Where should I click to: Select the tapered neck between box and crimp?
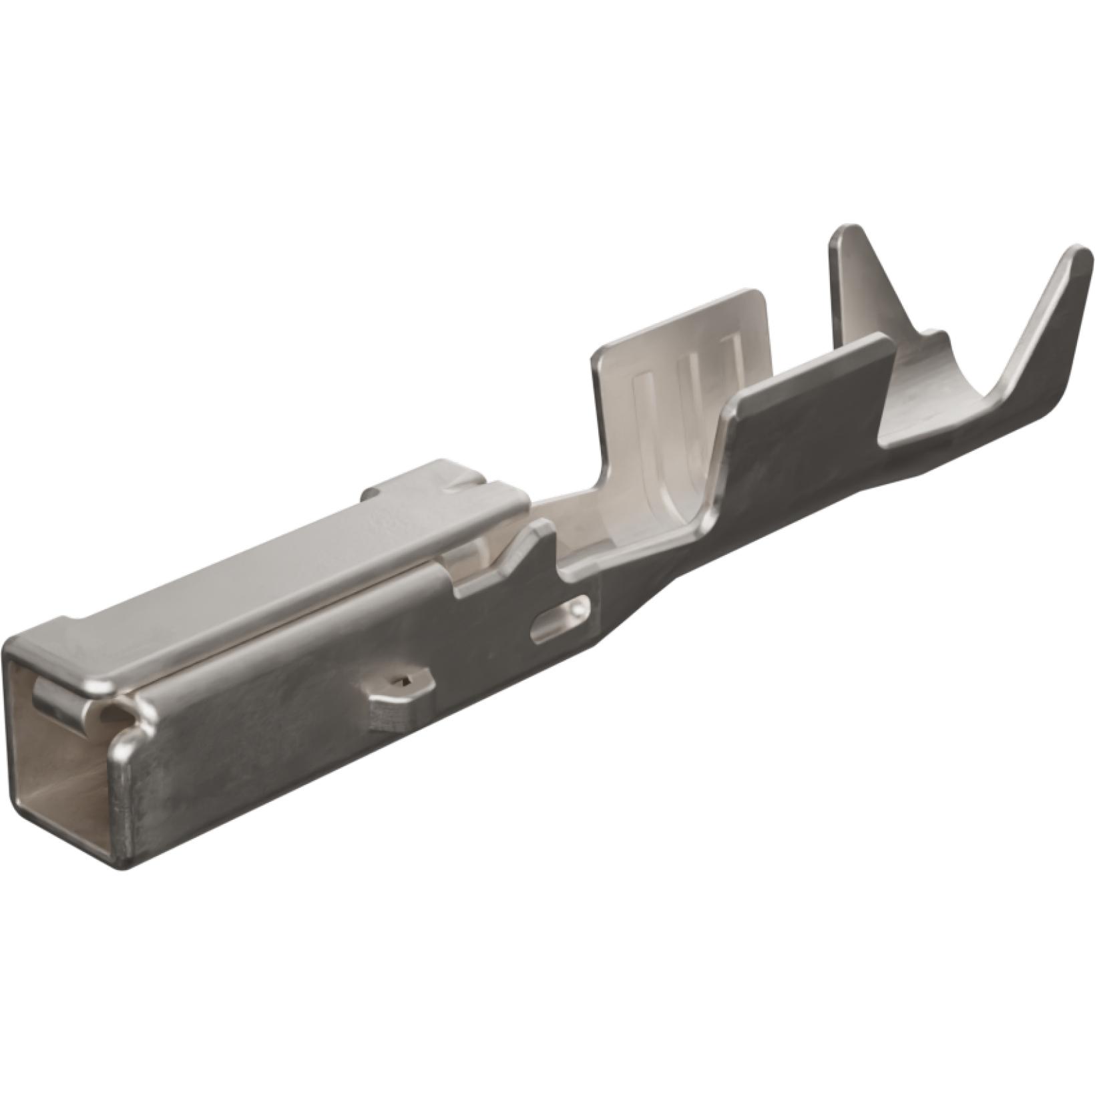[641, 588]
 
